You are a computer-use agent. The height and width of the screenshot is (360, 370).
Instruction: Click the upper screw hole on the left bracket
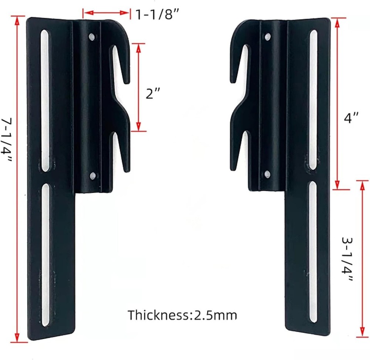click(x=91, y=37)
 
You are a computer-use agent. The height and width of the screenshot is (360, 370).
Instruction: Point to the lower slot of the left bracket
click(x=45, y=255)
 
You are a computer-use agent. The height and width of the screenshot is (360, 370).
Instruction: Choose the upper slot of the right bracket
click(x=313, y=100)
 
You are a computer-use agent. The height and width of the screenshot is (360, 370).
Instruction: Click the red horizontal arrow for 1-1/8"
click(x=106, y=14)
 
